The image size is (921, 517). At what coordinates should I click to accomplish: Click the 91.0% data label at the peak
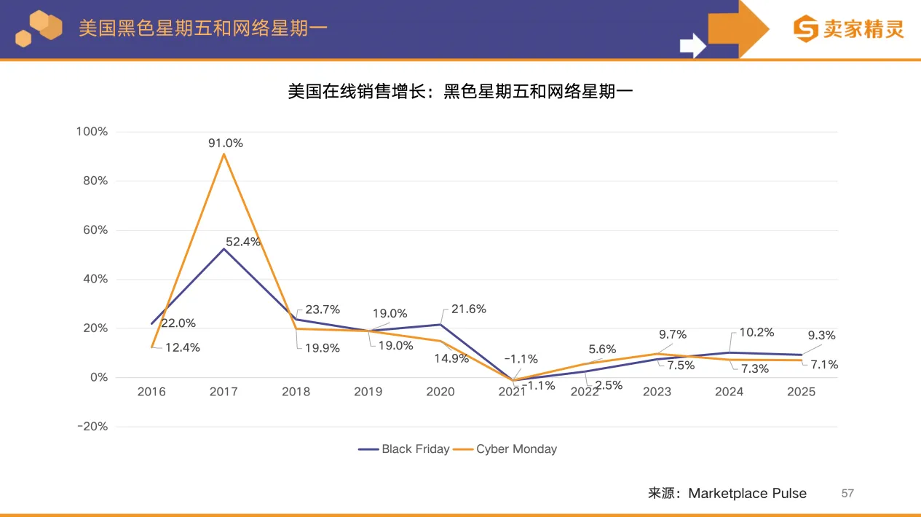[226, 143]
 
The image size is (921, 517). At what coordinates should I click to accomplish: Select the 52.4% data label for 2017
[244, 242]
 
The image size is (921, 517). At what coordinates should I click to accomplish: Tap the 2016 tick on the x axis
[151, 392]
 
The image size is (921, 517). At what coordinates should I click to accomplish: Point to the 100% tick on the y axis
[92, 132]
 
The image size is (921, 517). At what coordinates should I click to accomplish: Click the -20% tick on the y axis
[92, 427]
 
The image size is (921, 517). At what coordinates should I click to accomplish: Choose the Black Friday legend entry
[405, 449]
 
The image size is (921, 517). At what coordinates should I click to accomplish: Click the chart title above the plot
[460, 92]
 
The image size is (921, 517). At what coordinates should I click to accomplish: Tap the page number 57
[847, 493]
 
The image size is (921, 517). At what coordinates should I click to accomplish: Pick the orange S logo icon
[806, 29]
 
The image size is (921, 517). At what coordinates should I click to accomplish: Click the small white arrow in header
[692, 46]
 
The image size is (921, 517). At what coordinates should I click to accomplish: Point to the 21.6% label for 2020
[469, 309]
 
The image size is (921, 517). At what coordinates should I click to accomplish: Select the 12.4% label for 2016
[182, 347]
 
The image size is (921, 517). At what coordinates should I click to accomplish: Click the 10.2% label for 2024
[756, 333]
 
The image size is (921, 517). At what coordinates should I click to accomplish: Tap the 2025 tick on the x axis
[801, 392]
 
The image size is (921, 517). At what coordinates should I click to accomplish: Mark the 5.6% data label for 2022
[602, 350]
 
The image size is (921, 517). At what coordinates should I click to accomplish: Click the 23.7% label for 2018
[323, 309]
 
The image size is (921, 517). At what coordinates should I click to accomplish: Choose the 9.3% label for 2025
[821, 336]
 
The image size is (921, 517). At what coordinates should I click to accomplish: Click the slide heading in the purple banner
[203, 28]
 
